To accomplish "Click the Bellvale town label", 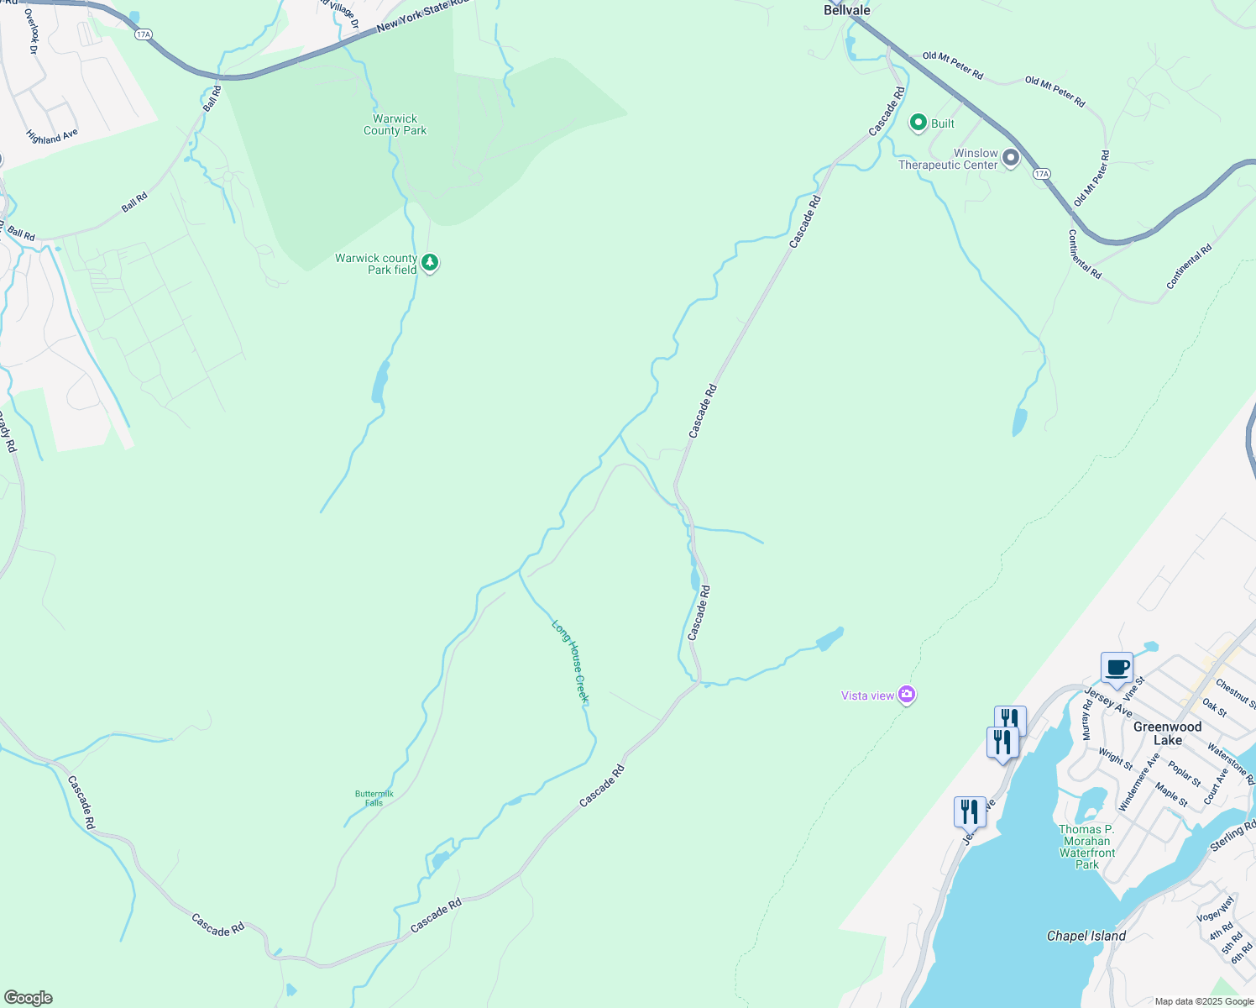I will (846, 10).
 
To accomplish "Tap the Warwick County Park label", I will (395, 125).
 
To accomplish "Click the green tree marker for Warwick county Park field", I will (430, 263).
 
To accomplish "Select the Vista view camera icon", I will (906, 695).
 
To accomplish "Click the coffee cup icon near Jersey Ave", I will (1117, 668).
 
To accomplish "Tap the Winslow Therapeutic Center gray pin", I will (1011, 157).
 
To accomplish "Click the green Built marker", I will (918, 123).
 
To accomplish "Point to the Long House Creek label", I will (571, 661).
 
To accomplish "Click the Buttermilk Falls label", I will (374, 798).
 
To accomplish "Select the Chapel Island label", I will (1086, 936).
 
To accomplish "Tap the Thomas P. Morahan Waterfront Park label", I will (1086, 847).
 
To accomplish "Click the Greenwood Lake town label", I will (1167, 733).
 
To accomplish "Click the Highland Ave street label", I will (52, 136).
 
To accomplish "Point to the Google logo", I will (28, 998).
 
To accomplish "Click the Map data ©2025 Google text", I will (1203, 1001).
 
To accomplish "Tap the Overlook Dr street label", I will (33, 31).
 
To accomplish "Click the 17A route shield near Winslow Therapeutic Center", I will (1041, 174).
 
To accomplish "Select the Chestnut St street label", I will (1236, 694).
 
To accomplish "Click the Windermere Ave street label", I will (1139, 782).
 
